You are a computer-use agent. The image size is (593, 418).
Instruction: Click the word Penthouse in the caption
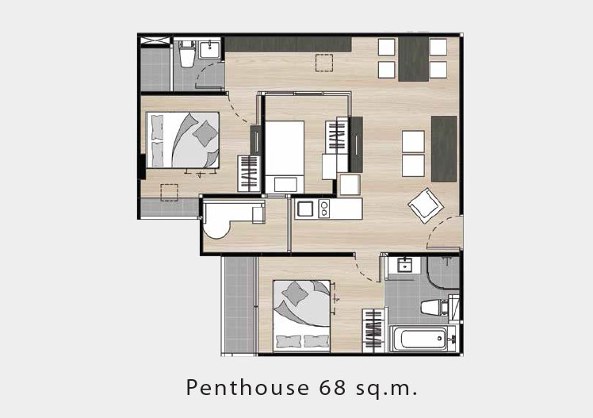(x=247, y=388)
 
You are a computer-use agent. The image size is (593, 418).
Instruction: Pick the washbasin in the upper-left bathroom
(x=210, y=49)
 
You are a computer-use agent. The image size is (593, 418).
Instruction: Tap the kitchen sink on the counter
(x=305, y=209)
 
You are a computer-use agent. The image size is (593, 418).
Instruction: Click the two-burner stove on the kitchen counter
(x=324, y=209)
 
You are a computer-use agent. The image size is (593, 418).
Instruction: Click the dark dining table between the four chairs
(x=413, y=59)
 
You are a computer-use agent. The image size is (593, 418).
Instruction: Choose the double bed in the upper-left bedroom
(x=182, y=140)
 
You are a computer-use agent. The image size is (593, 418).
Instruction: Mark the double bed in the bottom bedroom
(x=301, y=316)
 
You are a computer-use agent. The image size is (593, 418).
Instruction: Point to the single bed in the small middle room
(x=285, y=156)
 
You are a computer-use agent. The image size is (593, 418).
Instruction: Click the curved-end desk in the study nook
(x=231, y=218)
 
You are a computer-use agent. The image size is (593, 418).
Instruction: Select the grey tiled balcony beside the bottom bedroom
(x=239, y=305)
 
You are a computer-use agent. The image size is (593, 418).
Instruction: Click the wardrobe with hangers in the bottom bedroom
(x=373, y=330)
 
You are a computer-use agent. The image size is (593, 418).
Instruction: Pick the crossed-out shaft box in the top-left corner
(x=155, y=40)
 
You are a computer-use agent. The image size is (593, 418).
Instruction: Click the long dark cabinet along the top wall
(x=289, y=44)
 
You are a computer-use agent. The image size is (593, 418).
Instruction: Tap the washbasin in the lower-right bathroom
(x=404, y=265)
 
